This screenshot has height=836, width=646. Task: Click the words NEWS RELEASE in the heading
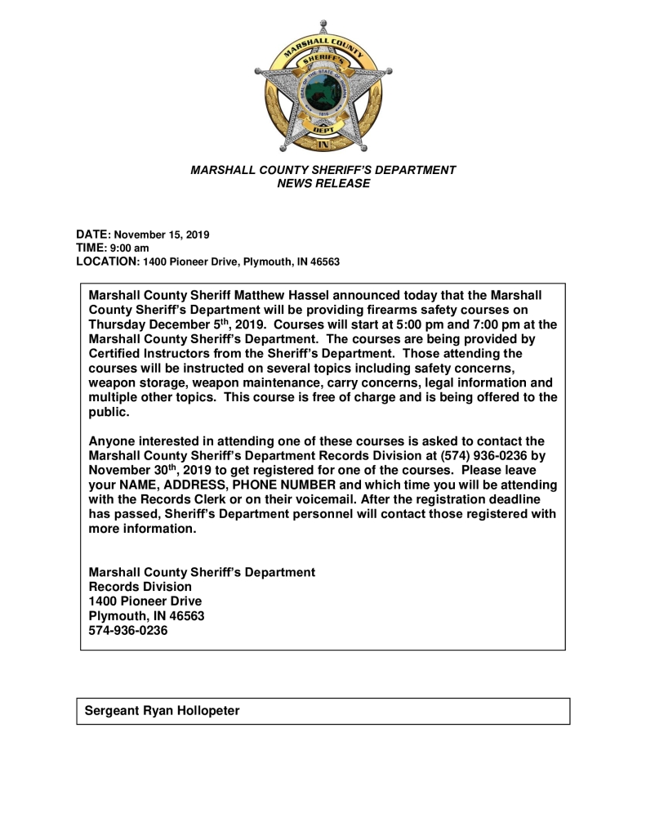[x=323, y=184]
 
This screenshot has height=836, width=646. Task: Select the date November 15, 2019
[x=161, y=235]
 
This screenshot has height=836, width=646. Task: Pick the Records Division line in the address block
[x=140, y=587]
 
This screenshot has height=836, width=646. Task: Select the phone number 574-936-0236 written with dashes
[x=127, y=631]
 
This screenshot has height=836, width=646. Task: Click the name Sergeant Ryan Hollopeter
[x=163, y=711]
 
